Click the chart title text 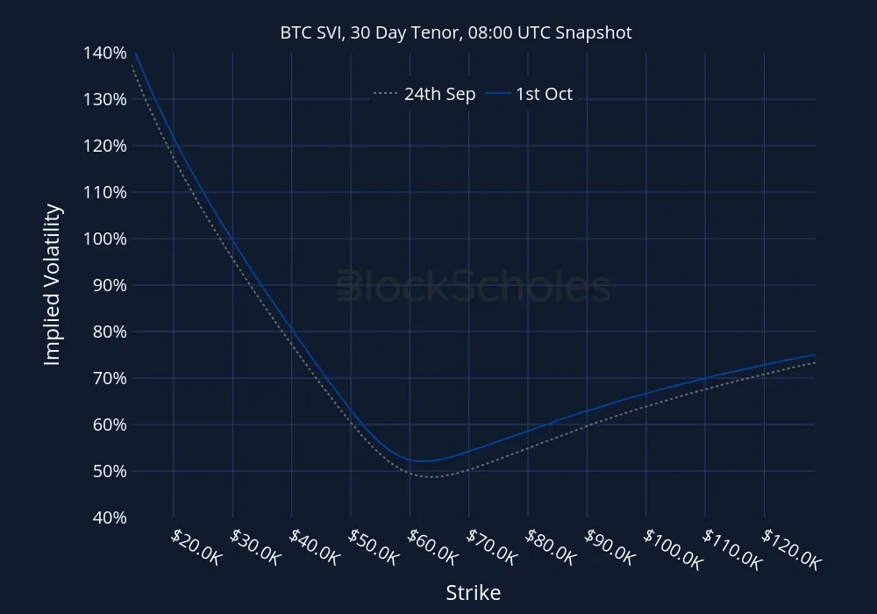(x=456, y=32)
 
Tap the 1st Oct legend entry (x=531, y=94)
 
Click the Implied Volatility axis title (x=53, y=284)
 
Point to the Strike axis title (x=473, y=593)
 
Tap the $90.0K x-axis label (x=610, y=549)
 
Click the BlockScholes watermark (x=473, y=286)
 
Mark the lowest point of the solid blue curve (x=422, y=460)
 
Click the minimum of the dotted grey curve (x=431, y=476)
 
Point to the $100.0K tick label (x=673, y=550)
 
